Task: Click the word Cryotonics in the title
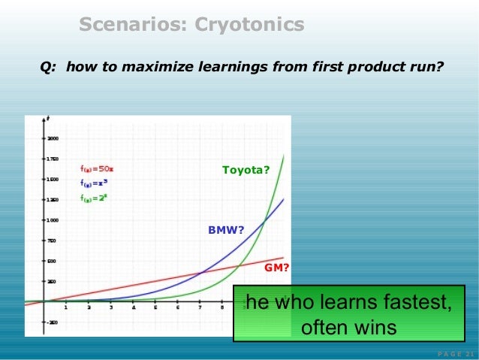(249, 26)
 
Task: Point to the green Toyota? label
(246, 171)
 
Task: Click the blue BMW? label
(226, 230)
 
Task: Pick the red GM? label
(277, 267)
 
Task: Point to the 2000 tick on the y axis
(54, 139)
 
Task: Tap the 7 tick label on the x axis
(200, 307)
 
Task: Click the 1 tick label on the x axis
(65, 307)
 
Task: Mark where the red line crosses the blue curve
(202, 273)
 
